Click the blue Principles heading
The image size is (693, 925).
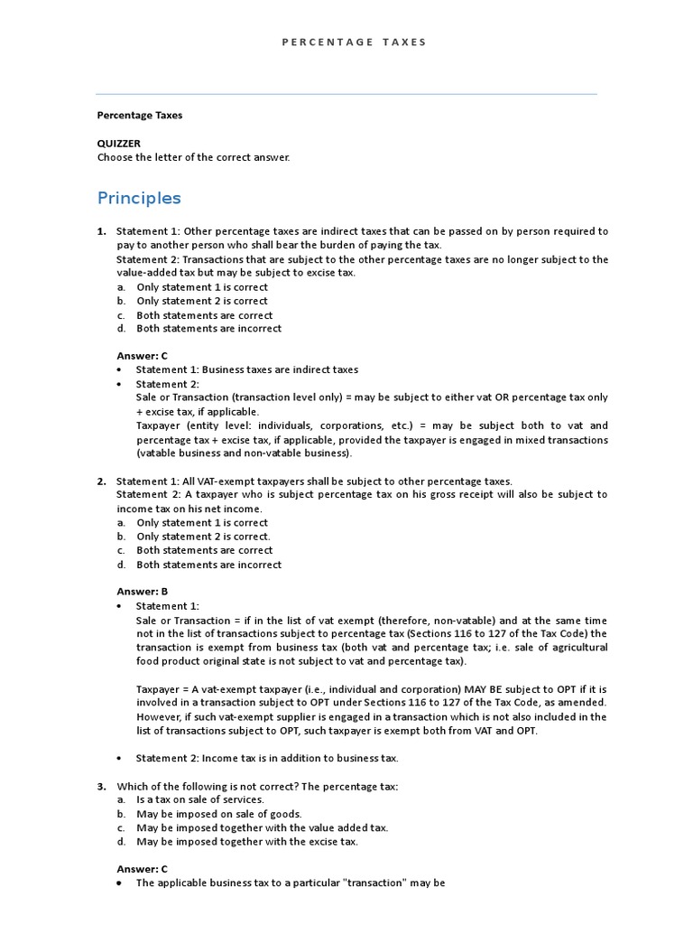click(139, 198)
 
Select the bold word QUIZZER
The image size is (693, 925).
click(119, 143)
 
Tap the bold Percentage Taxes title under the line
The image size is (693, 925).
click(140, 115)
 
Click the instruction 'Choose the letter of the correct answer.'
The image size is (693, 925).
click(194, 157)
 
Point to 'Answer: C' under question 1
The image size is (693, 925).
click(143, 356)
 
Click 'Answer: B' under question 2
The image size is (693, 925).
click(143, 592)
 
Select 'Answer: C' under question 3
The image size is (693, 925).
click(143, 869)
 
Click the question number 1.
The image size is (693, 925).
click(102, 231)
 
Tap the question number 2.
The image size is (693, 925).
click(102, 481)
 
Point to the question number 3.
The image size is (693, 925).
click(102, 786)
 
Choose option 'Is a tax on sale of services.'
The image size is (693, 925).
click(200, 800)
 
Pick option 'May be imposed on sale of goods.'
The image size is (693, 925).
click(219, 814)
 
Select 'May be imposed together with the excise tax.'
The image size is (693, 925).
click(247, 842)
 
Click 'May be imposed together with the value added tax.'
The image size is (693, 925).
click(262, 827)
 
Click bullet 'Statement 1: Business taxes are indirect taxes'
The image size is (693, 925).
click(246, 369)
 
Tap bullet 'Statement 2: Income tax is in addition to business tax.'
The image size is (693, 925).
click(266, 758)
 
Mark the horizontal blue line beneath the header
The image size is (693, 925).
click(346, 94)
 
